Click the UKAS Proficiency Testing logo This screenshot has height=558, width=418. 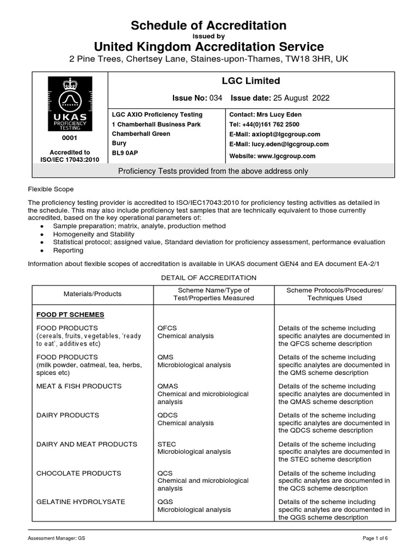point(70,103)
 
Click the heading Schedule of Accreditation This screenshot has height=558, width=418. point(209,26)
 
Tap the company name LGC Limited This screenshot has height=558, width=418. point(250,81)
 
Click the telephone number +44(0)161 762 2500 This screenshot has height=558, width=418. point(279,124)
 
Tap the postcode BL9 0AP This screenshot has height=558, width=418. point(124,154)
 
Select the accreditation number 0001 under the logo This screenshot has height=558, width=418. point(70,139)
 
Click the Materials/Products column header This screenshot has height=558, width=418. point(93,294)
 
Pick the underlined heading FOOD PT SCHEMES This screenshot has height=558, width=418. point(70,315)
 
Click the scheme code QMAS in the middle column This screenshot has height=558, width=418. point(167,386)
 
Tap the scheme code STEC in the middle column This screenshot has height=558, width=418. point(167,444)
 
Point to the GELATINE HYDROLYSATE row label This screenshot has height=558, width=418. point(81,502)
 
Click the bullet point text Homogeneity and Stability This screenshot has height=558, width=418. point(94,234)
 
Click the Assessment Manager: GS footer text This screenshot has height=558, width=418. point(57,538)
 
